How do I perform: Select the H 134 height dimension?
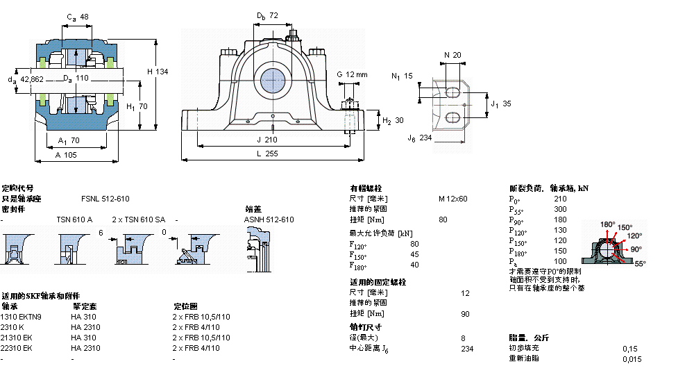[x=158, y=72]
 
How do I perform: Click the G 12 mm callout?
[x=352, y=74]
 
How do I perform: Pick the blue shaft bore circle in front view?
[x=272, y=81]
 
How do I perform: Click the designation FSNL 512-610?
[x=105, y=199]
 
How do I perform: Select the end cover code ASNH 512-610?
[x=269, y=220]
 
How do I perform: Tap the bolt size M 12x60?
[x=452, y=199]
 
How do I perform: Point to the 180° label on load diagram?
[x=607, y=224]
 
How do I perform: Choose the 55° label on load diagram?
[x=639, y=264]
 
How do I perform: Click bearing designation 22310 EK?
[x=17, y=348]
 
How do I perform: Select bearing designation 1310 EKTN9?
[x=22, y=317]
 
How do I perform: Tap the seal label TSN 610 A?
[x=74, y=220]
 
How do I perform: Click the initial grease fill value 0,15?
[x=629, y=348]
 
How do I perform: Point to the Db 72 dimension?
[x=266, y=15]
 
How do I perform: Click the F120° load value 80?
[x=414, y=243]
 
